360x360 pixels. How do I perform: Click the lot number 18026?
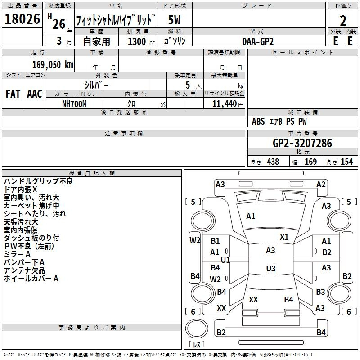[x=22, y=21]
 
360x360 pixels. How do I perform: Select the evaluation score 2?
[x=343, y=21]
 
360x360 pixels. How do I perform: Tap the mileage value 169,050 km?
[x=52, y=65]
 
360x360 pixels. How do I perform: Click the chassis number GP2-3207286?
[x=302, y=144]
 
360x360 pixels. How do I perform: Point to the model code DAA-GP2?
[x=258, y=41]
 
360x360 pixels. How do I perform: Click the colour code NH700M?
[x=74, y=103]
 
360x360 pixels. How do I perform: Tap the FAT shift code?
[x=13, y=94]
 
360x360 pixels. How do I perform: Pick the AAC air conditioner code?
[x=35, y=94]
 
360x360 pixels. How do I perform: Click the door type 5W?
[x=175, y=21]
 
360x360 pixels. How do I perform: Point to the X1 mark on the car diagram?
[x=284, y=237]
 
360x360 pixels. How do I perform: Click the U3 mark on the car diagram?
[x=270, y=269]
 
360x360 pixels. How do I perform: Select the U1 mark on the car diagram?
[x=225, y=260]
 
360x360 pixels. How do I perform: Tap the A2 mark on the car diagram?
[x=321, y=184]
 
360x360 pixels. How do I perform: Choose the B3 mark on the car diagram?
[x=320, y=292]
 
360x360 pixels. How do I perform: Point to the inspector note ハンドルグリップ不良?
[x=38, y=181]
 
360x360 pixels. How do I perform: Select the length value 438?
[x=273, y=162]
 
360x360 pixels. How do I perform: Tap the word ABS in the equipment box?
[x=258, y=121]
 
